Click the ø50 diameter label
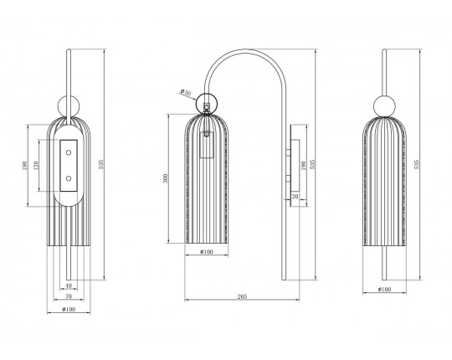[x=186, y=93]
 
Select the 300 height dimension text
[x=165, y=178]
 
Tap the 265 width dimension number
[x=242, y=296]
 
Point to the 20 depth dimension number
[x=295, y=196]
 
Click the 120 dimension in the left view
[x=36, y=166]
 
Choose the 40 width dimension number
[x=69, y=285]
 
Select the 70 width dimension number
[x=69, y=296]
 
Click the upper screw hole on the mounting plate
[x=69, y=152]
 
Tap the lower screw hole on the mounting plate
[x=69, y=178]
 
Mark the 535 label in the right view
[x=416, y=164]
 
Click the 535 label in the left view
[x=101, y=164]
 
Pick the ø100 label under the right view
[x=384, y=289]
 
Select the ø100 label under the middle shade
[x=207, y=252]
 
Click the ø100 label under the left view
[x=69, y=309]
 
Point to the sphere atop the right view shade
[x=384, y=105]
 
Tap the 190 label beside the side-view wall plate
[x=303, y=166]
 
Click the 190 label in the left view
[x=24, y=166]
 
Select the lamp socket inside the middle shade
[x=207, y=145]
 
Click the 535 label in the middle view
[x=313, y=164]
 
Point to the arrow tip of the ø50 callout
[x=197, y=100]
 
